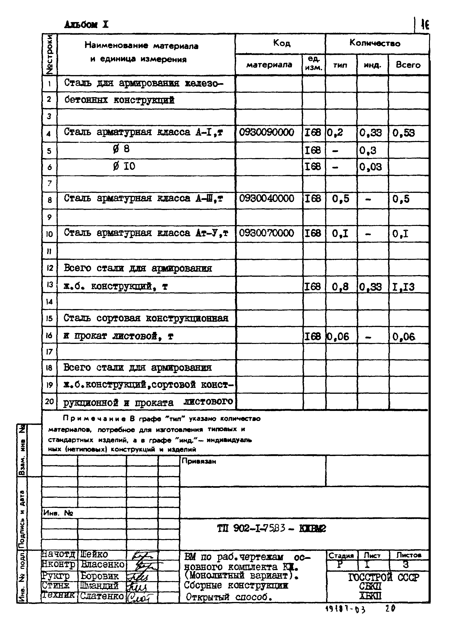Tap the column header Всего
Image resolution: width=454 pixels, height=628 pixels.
tap(408, 65)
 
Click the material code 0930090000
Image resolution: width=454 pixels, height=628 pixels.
tap(266, 132)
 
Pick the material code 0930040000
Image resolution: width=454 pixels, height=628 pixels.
tap(266, 199)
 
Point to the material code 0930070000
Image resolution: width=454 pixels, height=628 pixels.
tap(266, 233)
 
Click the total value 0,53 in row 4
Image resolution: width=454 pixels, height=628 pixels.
tap(404, 133)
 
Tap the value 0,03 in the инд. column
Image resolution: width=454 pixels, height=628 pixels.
tap(370, 167)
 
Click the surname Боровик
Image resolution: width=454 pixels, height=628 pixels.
tap(100, 576)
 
